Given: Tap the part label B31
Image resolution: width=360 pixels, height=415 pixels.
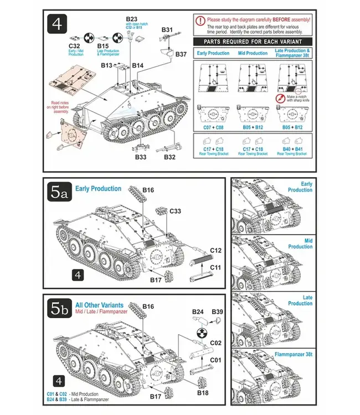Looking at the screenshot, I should point(167,30).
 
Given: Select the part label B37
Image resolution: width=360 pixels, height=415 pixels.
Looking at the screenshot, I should point(181,54).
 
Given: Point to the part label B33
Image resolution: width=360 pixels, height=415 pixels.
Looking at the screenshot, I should point(141,157).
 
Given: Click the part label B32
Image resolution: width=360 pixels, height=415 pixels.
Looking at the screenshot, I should point(171,157).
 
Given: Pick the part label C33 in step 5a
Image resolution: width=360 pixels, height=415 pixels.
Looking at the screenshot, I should point(174,211).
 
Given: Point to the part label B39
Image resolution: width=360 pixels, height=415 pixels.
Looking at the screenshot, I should point(217,312).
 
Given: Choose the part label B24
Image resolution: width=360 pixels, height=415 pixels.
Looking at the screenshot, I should point(198,312).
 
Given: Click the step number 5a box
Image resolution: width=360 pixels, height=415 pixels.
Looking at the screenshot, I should point(59,193).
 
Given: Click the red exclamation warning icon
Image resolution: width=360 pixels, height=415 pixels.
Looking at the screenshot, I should point(200,20).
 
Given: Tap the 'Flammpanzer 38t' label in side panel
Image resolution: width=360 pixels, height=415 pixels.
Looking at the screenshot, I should point(294,354).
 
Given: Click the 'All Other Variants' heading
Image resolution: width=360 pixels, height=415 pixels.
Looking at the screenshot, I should point(99,305).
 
